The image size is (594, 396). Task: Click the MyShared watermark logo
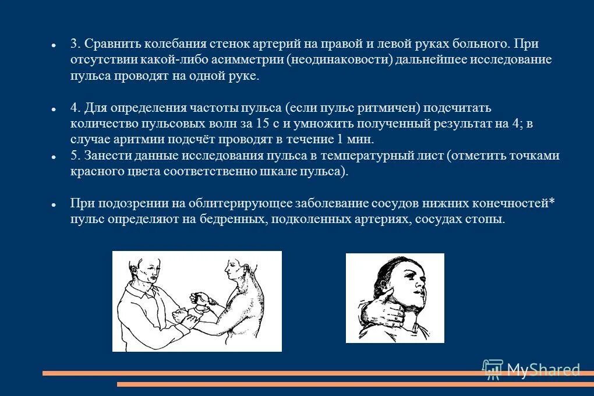pyautogui.click(x=532, y=369)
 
